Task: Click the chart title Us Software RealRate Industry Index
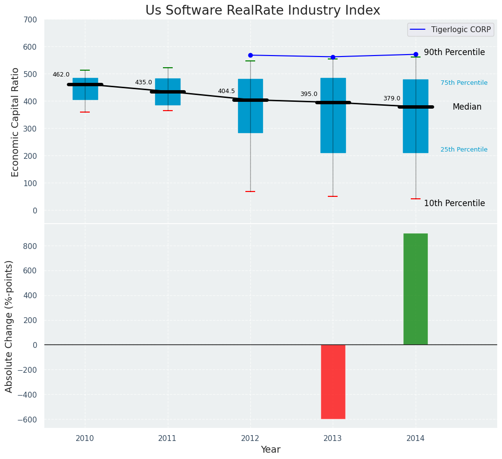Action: pos(262,11)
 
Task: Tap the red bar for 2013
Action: pos(333,382)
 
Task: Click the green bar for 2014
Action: pos(416,289)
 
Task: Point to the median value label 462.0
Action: pos(61,75)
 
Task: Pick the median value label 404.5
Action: pos(226,91)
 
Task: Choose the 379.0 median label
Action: pos(392,98)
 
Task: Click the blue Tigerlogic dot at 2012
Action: pos(250,55)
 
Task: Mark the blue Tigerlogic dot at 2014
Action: pos(416,55)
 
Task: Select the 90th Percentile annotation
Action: pos(454,52)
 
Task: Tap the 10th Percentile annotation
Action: pos(454,203)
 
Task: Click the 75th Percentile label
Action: pos(464,83)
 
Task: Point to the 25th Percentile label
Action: pos(464,150)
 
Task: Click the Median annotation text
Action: pos(467,107)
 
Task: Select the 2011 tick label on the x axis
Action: pos(168,439)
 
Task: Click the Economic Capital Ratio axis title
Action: pos(15,122)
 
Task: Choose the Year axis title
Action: pos(270,450)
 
